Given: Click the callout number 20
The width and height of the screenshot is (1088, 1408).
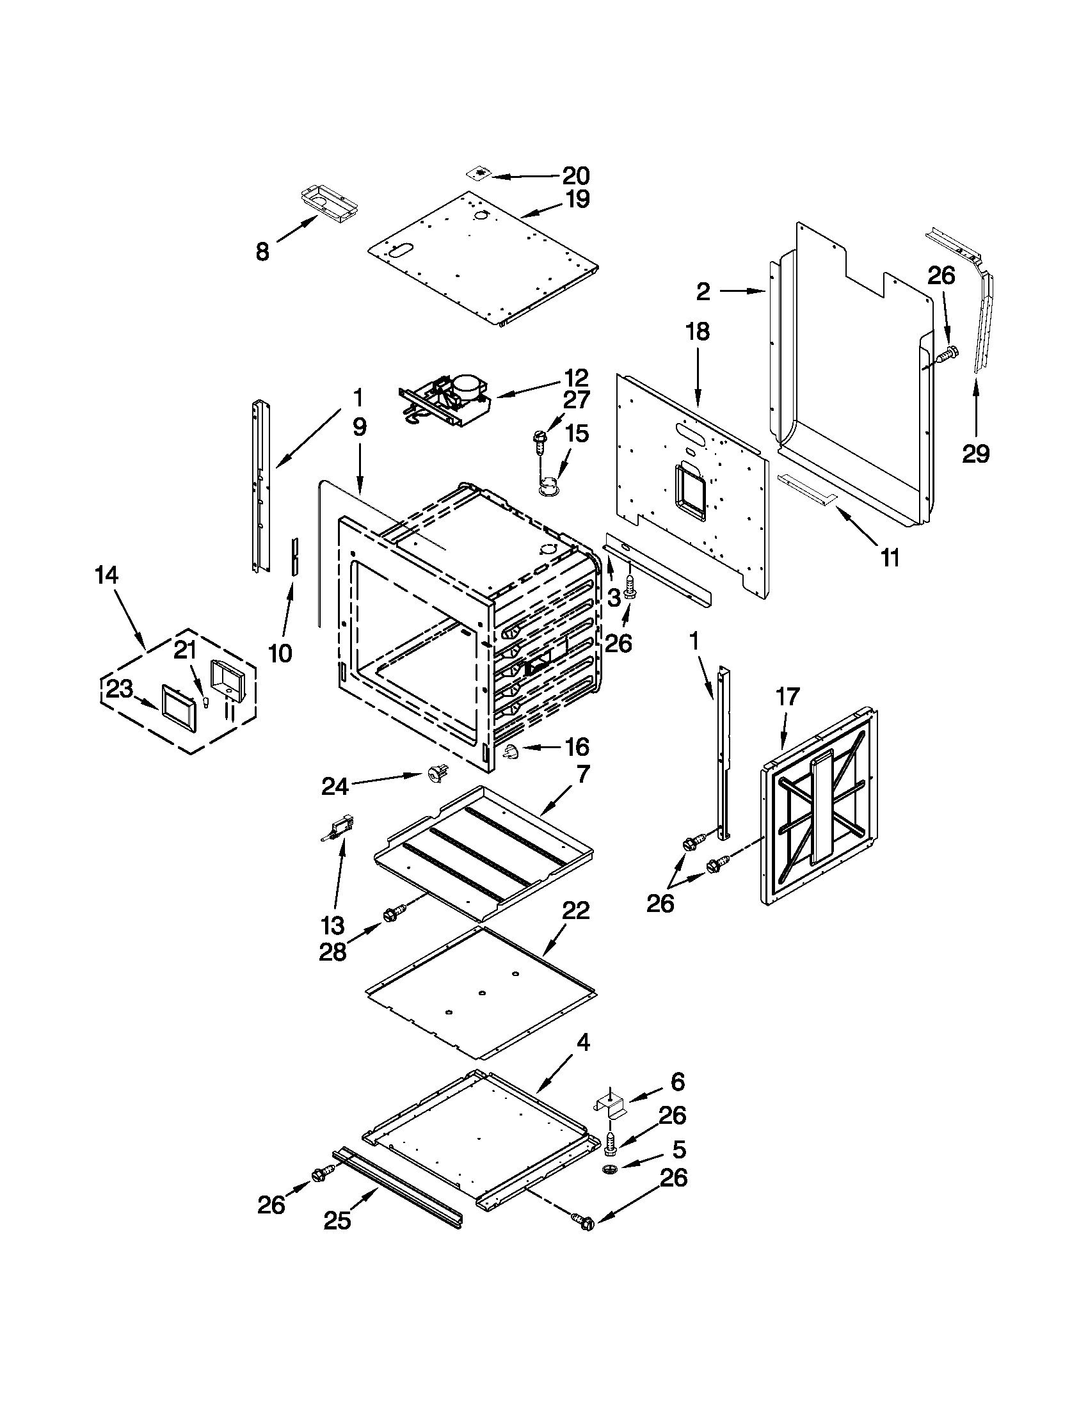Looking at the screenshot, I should coord(575,175).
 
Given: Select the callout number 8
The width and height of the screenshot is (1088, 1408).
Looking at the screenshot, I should coord(262,252).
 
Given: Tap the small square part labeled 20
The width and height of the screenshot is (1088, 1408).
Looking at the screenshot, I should coord(477,173).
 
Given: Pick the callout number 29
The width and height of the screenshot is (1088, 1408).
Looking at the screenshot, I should coord(975,454).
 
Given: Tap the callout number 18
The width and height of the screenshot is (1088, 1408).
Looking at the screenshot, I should coord(698,332).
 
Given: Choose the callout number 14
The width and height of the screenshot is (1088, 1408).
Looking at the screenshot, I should coord(107,575).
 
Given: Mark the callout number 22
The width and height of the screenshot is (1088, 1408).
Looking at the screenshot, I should coord(575,911).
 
